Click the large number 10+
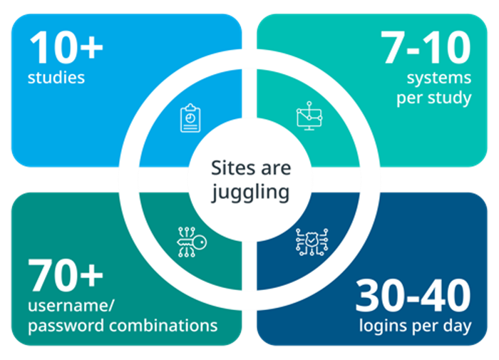(x=66, y=48)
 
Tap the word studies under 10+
(x=56, y=78)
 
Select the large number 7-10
(x=426, y=48)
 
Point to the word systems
(x=439, y=78)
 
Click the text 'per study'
(x=433, y=98)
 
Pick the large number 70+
(x=66, y=275)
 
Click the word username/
(x=71, y=306)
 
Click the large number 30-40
(x=413, y=295)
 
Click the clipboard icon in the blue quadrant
(x=190, y=118)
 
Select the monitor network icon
(x=309, y=116)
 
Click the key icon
(x=192, y=242)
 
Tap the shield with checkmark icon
(x=312, y=242)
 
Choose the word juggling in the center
(x=251, y=193)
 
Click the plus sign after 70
(x=91, y=276)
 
